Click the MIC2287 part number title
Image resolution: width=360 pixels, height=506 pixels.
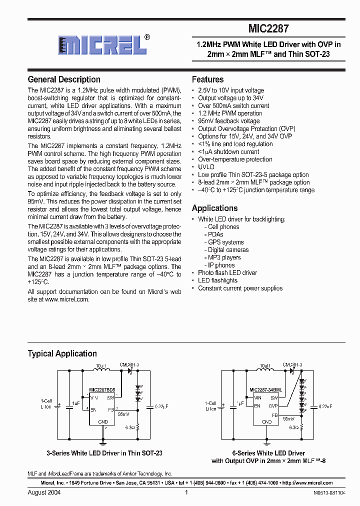pos(268,29)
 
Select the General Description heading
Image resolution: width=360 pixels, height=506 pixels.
pos(64,79)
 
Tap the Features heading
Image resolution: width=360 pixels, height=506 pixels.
pos(208,79)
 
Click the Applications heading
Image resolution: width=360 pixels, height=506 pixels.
pos(215,208)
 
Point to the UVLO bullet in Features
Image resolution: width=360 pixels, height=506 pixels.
pos(206,167)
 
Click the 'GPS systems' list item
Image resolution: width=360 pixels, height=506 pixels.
pos(225,242)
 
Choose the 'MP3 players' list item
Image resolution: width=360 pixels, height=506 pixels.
pos(224,257)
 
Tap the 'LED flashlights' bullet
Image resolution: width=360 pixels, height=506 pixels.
pos(217,280)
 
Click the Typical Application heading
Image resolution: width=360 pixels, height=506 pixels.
pos(62,353)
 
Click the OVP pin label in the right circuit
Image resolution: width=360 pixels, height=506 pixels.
pos(272,406)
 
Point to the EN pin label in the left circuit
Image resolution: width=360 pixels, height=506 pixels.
pos(93,409)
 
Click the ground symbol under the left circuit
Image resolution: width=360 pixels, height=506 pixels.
pos(103,442)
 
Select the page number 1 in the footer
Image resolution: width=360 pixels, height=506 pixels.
pos(186,492)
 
